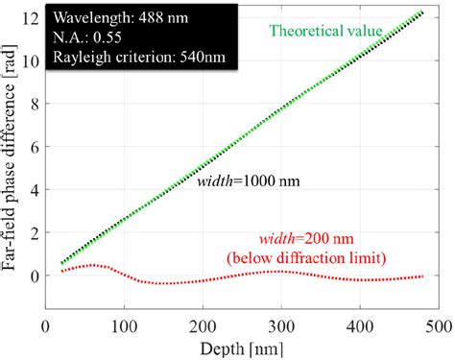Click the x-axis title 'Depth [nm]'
point(238,347)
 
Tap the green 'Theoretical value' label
point(325,30)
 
